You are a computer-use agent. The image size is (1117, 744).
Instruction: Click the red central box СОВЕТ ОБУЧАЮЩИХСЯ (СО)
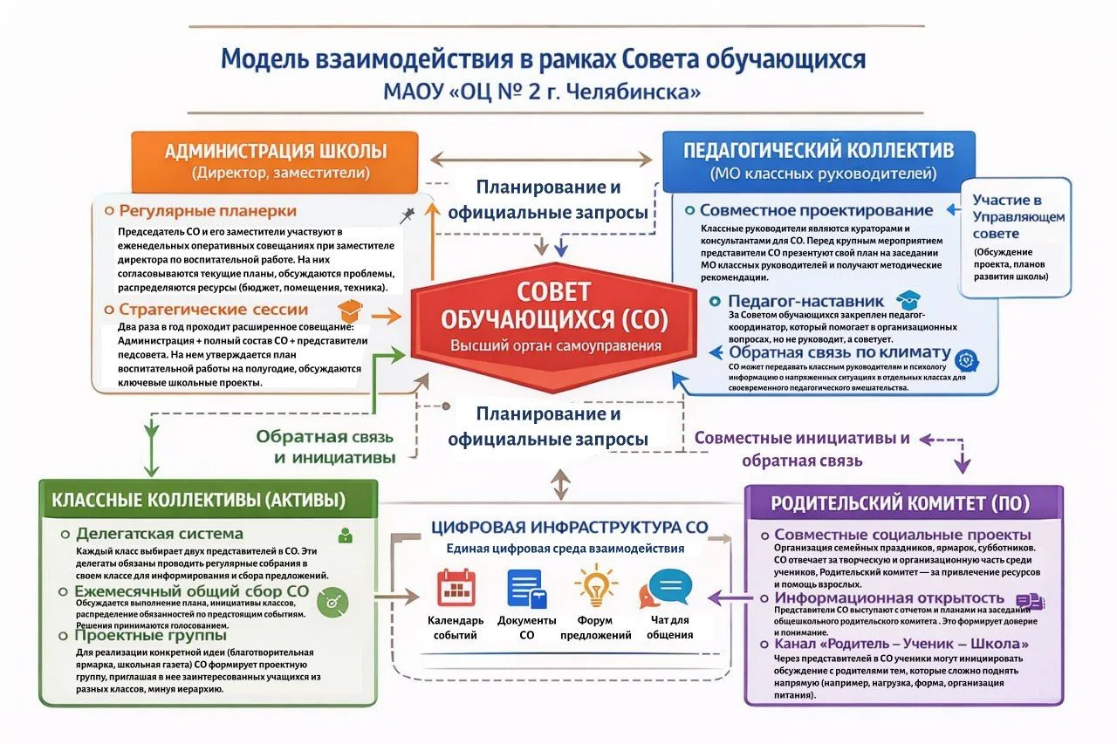(x=554, y=318)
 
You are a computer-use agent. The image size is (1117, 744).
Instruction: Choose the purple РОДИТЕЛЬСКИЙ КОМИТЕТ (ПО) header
(x=900, y=503)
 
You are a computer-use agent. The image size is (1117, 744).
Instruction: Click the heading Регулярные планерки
(x=208, y=211)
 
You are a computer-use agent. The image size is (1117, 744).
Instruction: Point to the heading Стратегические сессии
(x=213, y=309)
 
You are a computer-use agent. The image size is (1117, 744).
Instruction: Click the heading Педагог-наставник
(x=806, y=301)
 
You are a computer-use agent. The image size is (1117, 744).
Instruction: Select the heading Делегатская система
(x=160, y=534)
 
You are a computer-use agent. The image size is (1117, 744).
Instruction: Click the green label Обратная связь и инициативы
(x=325, y=447)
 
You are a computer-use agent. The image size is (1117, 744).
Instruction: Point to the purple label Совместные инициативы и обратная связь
(x=802, y=448)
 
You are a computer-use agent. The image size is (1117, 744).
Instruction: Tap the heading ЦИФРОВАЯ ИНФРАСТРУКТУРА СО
(x=570, y=528)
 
